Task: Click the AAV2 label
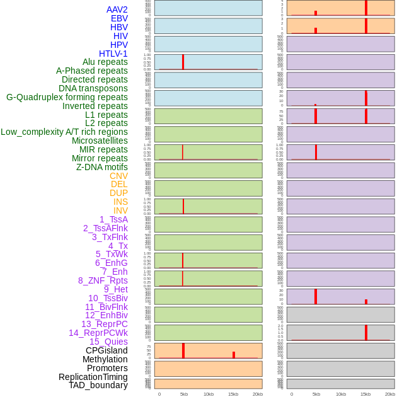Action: [117, 9]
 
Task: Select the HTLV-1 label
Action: [113, 54]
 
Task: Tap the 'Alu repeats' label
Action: [105, 62]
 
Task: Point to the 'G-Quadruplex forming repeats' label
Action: [67, 97]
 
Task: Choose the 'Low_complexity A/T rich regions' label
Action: [64, 132]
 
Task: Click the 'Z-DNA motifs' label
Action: [102, 167]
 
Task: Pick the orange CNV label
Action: [118, 176]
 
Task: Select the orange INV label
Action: [120, 210]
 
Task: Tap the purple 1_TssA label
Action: [113, 219]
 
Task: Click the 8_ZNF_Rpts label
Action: [103, 280]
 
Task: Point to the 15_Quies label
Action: [108, 342]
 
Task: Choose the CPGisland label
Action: [106, 350]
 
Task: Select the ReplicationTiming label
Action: [93, 377]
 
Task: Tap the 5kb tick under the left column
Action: [184, 394]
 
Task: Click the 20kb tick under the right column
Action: [390, 394]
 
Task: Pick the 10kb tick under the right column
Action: [341, 394]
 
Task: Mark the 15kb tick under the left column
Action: [233, 394]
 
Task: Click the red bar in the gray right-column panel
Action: [366, 332]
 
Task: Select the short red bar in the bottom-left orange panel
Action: [234, 355]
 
